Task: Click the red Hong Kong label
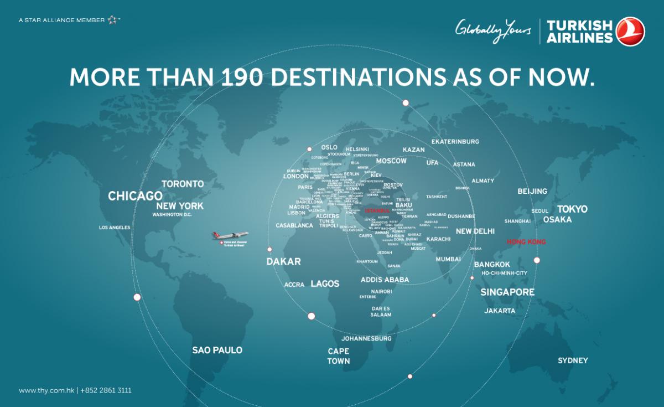[x=526, y=242]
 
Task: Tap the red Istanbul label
[x=378, y=210]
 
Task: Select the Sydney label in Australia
[x=573, y=360]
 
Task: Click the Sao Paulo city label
[x=217, y=350]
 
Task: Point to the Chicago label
[x=135, y=196]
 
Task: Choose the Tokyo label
[x=572, y=209]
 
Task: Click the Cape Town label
[x=339, y=356]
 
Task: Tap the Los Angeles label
[x=115, y=228]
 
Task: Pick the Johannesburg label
[x=366, y=338]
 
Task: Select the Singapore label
[x=507, y=292]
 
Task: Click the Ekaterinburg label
[x=455, y=142]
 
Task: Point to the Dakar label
[x=283, y=261]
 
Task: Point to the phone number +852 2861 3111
[x=106, y=390]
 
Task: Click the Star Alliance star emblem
[x=113, y=20]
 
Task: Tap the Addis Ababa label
[x=385, y=280]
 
